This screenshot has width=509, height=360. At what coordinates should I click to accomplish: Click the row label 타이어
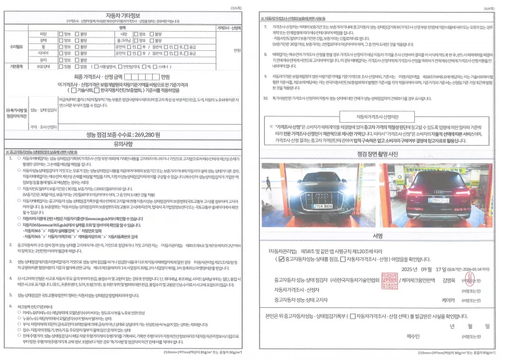(43, 53)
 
